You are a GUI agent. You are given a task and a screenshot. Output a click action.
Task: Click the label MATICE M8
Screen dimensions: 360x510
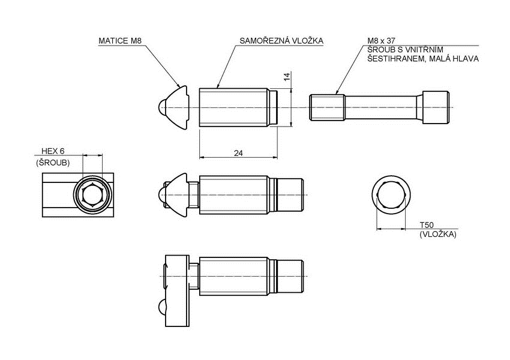click(120, 41)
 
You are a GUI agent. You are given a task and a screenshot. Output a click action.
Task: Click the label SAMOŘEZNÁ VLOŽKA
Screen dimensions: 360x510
click(281, 41)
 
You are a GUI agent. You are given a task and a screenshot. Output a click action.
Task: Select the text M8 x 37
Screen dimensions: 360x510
click(382, 41)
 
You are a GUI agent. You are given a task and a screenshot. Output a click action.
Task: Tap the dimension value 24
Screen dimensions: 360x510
click(238, 153)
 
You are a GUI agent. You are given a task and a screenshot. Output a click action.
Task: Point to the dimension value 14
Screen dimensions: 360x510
click(287, 76)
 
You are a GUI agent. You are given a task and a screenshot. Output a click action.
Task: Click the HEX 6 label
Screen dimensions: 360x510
click(53, 151)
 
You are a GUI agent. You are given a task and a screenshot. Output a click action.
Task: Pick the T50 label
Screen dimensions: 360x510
click(427, 224)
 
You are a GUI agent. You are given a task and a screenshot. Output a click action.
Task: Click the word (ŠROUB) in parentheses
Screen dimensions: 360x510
click(53, 163)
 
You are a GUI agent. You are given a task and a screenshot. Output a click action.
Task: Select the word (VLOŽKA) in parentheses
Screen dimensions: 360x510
click(438, 234)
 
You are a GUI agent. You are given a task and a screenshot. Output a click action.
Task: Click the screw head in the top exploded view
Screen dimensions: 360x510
click(435, 107)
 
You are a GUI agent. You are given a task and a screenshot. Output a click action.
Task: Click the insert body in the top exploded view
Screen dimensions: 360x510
click(233, 107)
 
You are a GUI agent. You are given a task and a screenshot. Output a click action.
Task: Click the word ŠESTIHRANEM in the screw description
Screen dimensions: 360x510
click(393, 59)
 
